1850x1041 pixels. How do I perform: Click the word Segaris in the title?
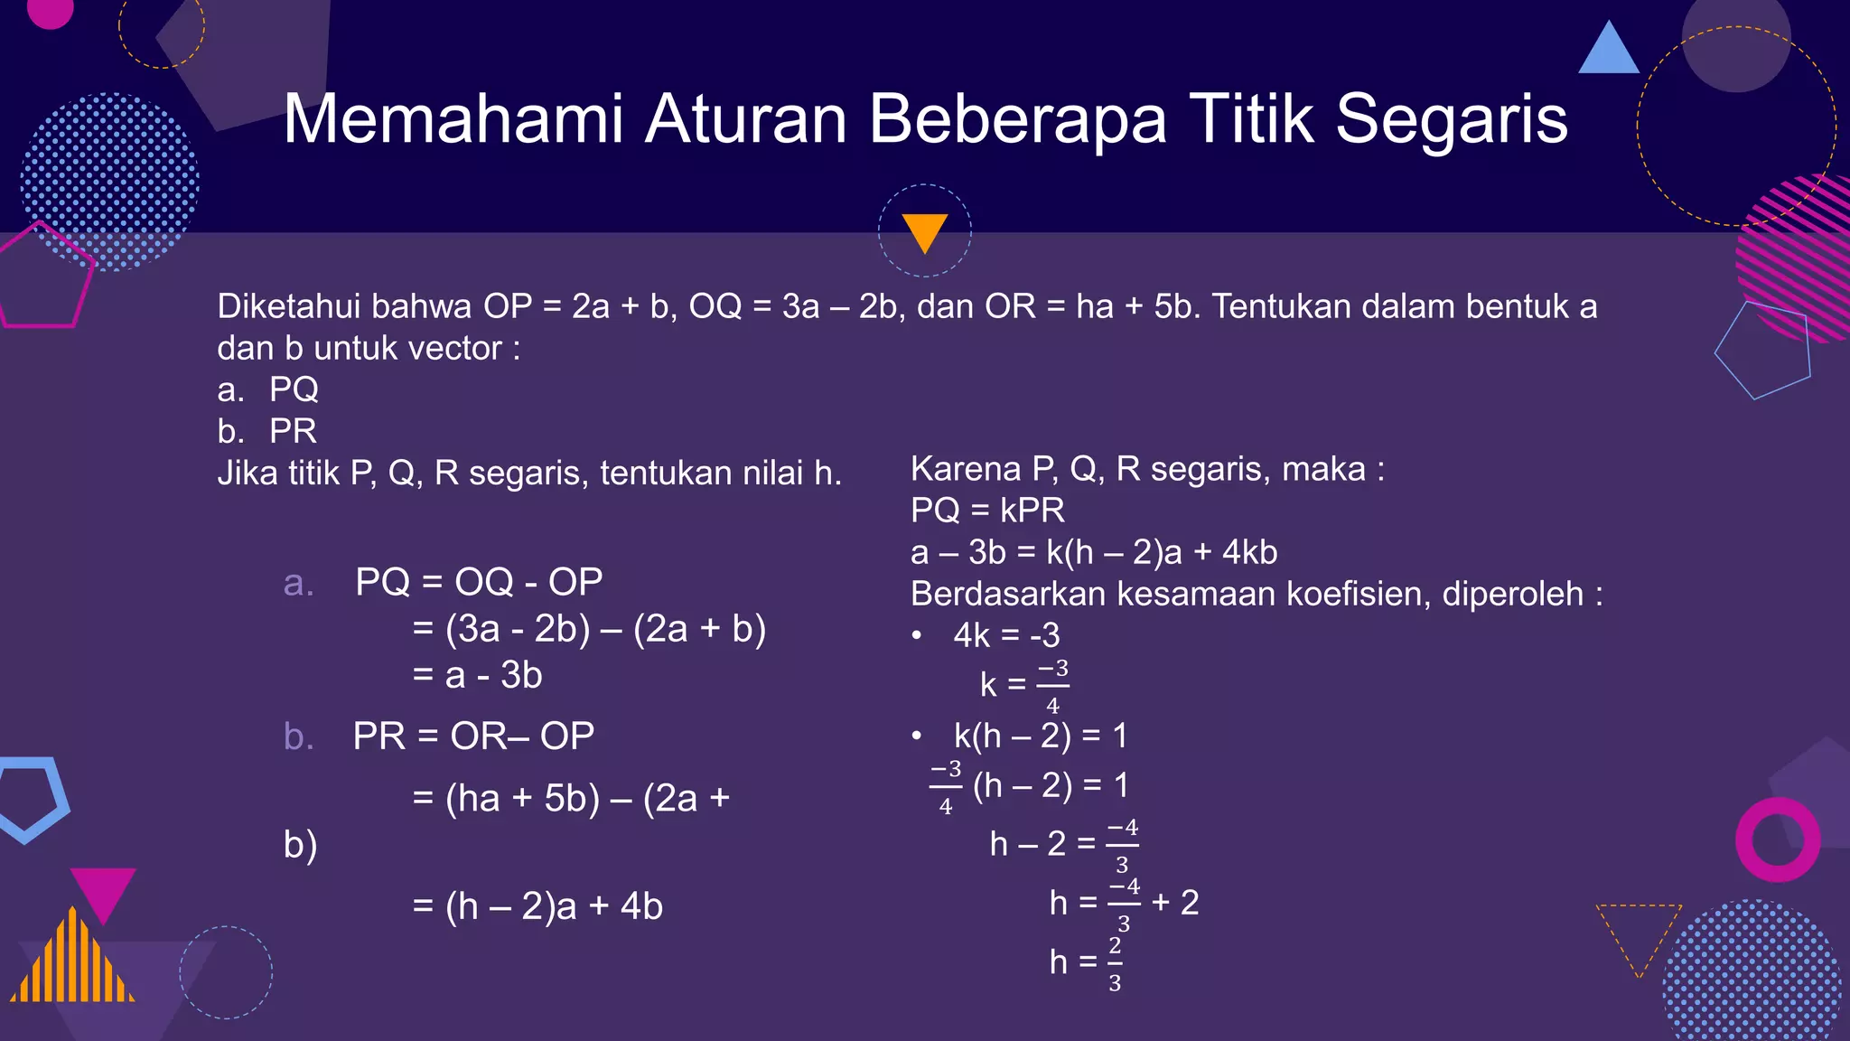tap(1451, 119)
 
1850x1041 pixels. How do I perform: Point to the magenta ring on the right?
tap(1777, 839)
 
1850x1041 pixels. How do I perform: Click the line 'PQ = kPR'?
tap(987, 511)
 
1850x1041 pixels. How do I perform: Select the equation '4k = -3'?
tap(1006, 635)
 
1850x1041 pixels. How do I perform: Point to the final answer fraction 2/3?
tap(1115, 964)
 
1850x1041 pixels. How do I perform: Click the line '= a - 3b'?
tap(477, 675)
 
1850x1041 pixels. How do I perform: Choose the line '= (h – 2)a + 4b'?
tap(537, 905)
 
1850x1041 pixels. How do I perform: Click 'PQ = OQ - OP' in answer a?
tap(479, 582)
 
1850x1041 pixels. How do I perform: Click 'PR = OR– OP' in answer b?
tap(473, 736)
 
